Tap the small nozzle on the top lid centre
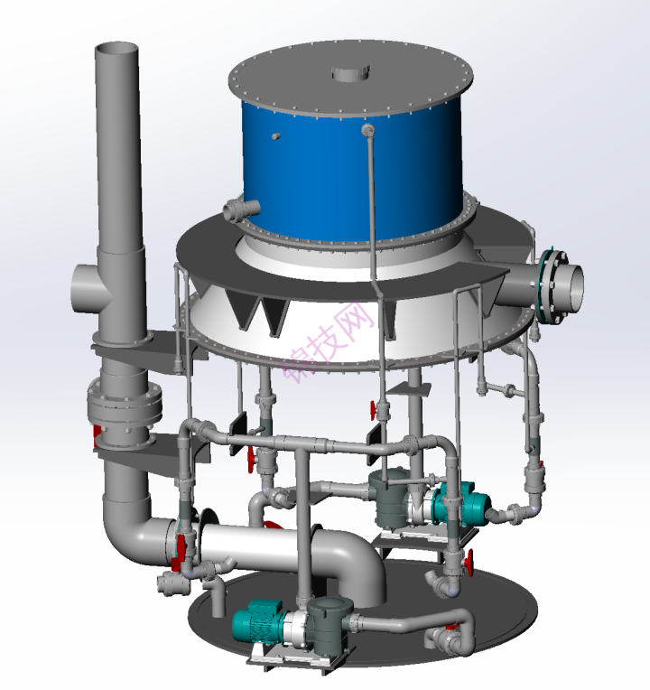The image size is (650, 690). (x=350, y=72)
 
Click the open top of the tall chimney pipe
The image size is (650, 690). (x=116, y=48)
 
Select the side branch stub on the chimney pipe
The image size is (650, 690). (x=88, y=288)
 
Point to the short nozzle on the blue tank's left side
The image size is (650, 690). (x=241, y=210)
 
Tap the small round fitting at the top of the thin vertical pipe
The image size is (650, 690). (x=367, y=129)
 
